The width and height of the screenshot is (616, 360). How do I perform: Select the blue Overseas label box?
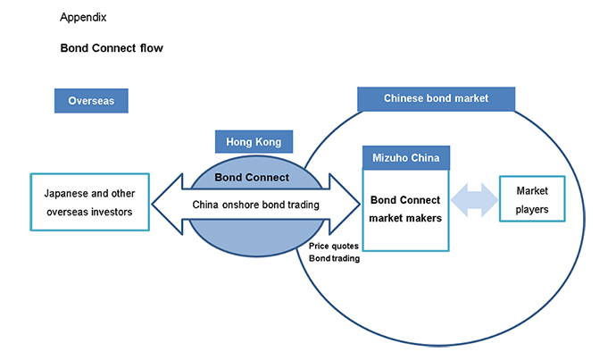(91, 101)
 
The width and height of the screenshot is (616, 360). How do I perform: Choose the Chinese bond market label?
(436, 98)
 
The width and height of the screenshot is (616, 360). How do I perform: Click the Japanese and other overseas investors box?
(89, 202)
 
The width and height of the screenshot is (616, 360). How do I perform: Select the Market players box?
(532, 202)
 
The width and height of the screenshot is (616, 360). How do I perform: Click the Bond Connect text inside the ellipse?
(253, 177)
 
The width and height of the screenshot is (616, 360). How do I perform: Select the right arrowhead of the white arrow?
(344, 204)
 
